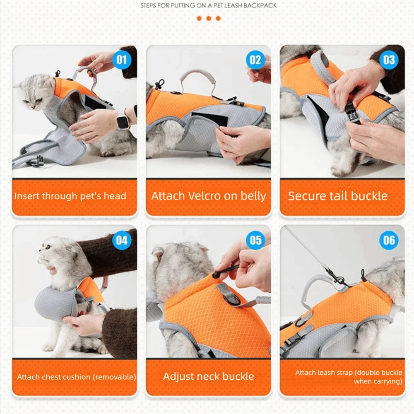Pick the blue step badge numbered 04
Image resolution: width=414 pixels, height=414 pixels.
coord(121,241)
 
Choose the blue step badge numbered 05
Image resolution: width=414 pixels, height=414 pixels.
coord(255,241)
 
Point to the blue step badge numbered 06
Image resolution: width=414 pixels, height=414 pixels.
coord(389,241)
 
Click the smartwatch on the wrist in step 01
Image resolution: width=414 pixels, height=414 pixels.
coord(123,120)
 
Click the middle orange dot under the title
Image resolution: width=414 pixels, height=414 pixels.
coord(208,18)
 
